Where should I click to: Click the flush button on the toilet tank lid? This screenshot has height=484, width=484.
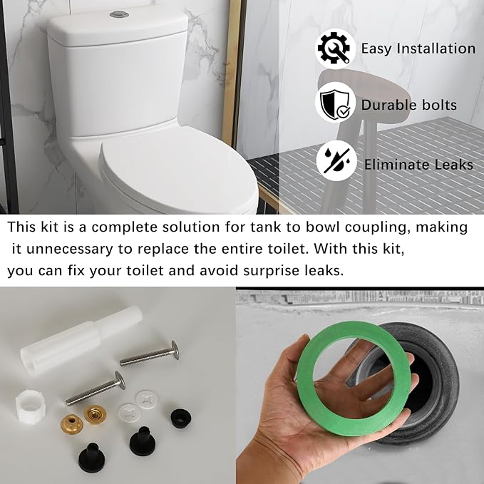pos(119,14)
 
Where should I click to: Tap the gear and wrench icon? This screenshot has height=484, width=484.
pos(334,48)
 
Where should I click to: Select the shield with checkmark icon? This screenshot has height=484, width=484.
pos(334,103)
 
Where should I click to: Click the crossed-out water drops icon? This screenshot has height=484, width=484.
pos(334,163)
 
